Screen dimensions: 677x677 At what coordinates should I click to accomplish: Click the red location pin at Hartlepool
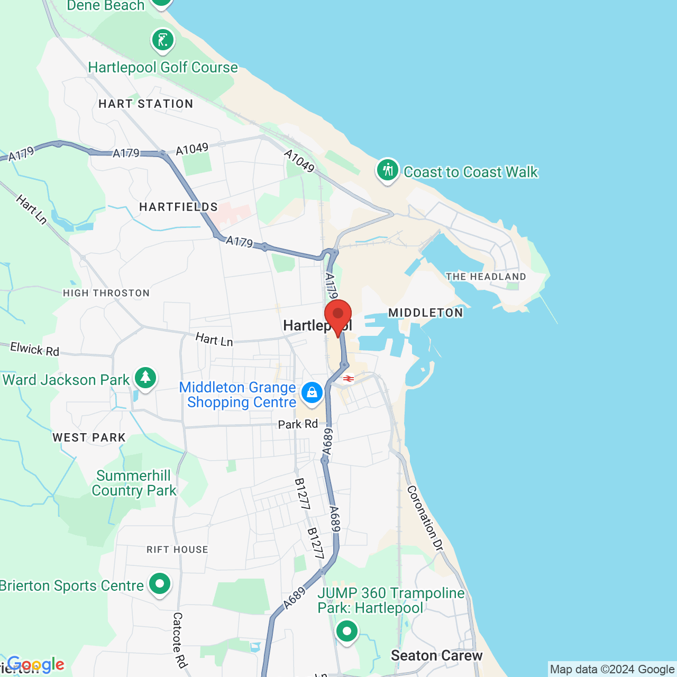(337, 315)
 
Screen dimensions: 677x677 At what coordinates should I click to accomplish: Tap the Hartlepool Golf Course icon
(162, 40)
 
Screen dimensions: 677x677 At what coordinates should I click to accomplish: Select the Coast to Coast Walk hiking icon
(388, 170)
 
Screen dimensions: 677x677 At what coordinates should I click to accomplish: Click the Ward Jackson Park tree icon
(145, 378)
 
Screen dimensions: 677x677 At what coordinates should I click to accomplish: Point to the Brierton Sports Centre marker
(159, 584)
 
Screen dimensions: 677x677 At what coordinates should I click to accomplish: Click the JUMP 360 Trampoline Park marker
(346, 631)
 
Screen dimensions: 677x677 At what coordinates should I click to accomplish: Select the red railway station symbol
(348, 379)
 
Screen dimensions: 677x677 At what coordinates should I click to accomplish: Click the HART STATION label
(146, 104)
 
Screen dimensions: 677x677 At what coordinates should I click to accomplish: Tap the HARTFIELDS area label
(178, 207)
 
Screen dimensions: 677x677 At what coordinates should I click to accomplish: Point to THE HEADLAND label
(486, 277)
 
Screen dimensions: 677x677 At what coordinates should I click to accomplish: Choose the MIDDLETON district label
(426, 313)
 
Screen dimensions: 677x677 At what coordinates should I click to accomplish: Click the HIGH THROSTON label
(106, 293)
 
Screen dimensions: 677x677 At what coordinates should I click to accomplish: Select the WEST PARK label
(89, 437)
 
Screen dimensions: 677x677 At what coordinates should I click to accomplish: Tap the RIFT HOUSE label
(177, 550)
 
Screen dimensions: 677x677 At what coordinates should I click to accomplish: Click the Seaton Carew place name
(436, 656)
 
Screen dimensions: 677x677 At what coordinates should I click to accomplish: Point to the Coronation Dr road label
(424, 518)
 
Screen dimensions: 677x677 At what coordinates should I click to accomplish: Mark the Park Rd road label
(298, 424)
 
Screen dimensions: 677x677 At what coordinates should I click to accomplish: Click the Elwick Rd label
(35, 349)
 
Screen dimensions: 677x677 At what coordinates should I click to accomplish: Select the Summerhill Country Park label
(133, 483)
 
